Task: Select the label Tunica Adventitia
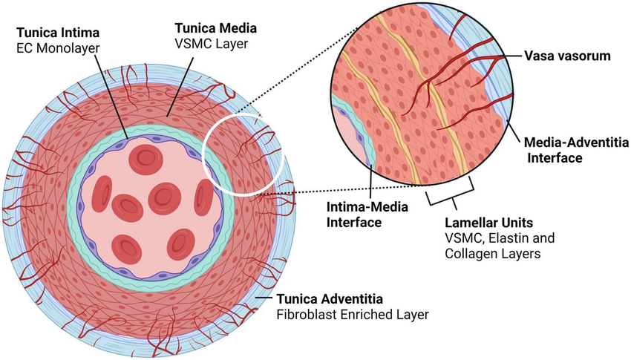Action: (x=330, y=299)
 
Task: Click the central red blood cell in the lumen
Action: (x=164, y=197)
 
